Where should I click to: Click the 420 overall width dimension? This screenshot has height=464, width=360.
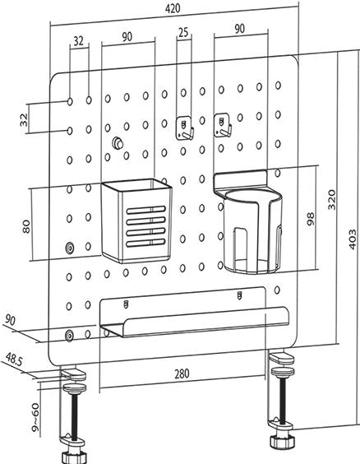pos(173,7)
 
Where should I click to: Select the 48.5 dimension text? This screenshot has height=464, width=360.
pos(15,360)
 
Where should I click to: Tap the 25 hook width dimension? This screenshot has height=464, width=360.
pos(182,32)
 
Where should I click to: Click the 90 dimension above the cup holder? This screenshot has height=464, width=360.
pos(239,28)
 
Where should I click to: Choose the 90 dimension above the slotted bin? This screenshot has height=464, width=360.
pos(127,37)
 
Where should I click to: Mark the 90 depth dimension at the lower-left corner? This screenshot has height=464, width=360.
pos(10,319)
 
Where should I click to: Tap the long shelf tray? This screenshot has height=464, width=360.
pos(193,317)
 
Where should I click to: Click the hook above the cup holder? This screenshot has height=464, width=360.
pos(223,125)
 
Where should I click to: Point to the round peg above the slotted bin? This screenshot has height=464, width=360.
pos(118,144)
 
